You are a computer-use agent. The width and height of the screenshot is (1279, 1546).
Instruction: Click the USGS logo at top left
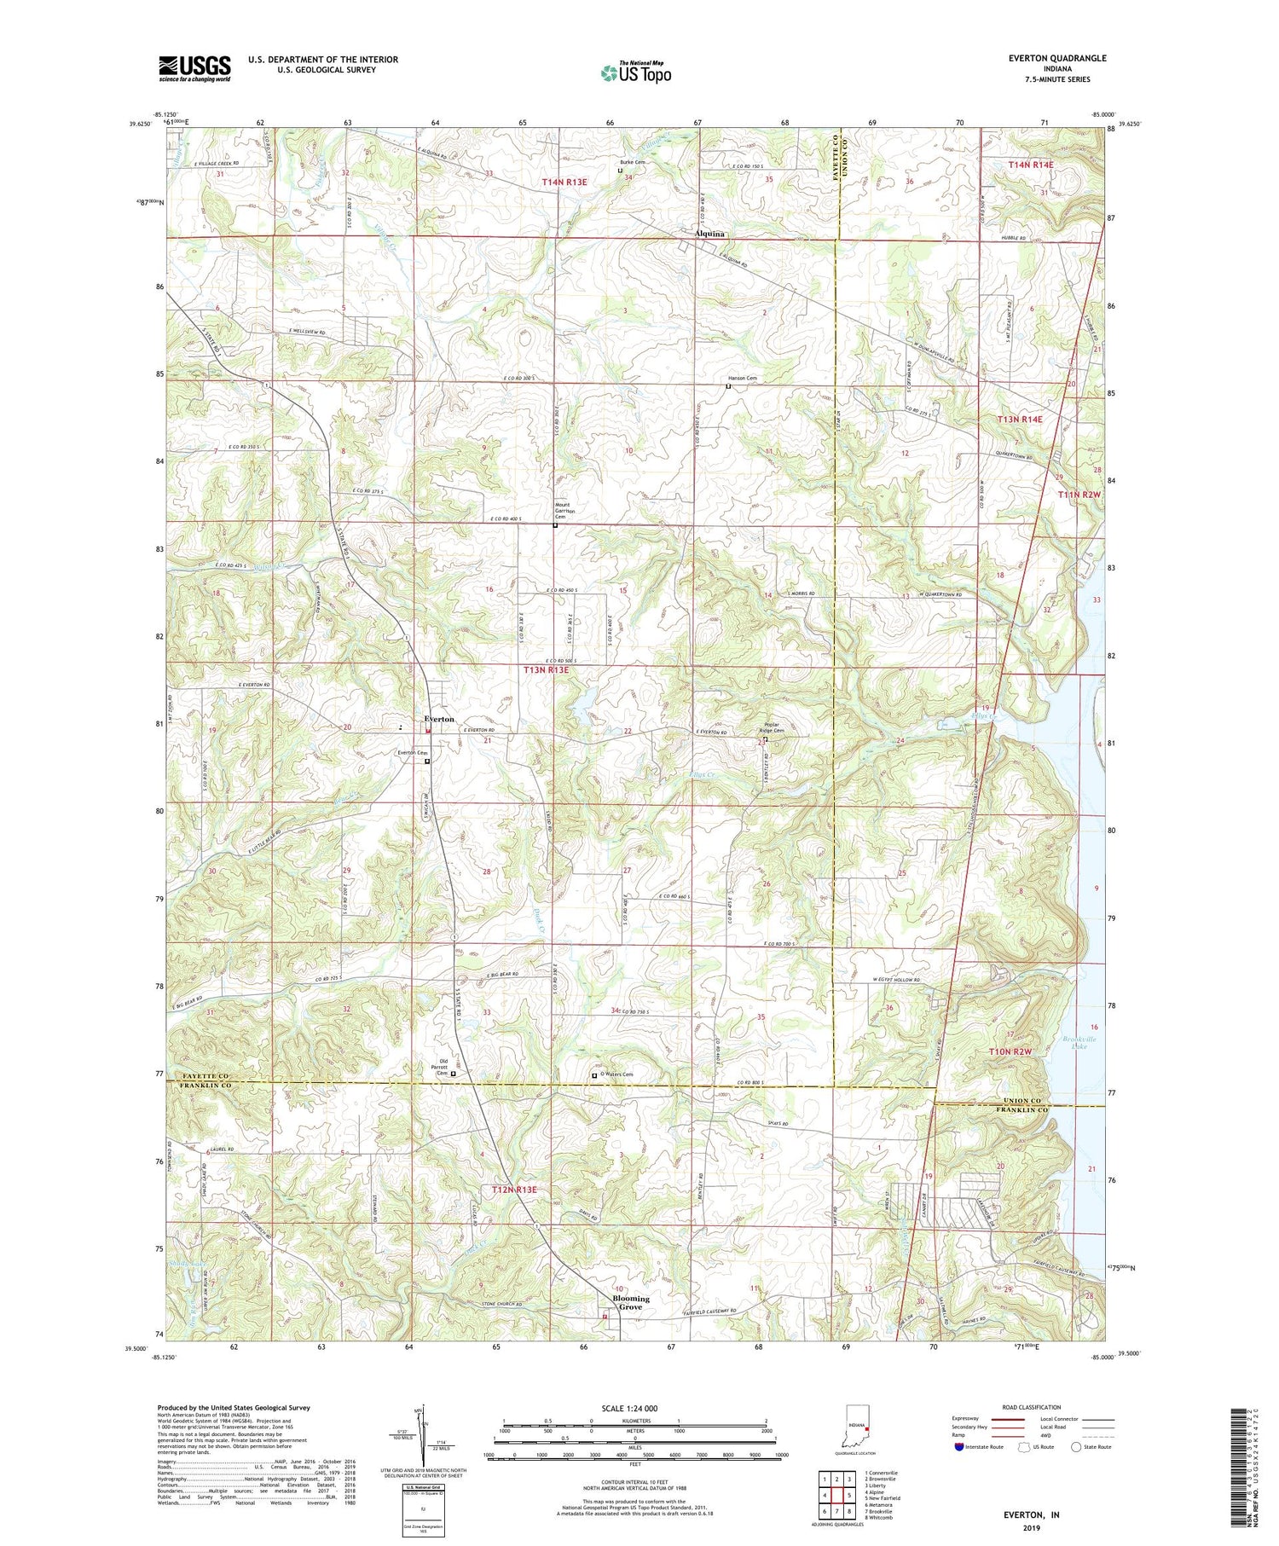[x=194, y=68]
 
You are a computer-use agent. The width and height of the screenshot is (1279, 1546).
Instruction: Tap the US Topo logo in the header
[x=636, y=72]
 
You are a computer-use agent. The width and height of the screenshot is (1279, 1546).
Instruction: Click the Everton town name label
[x=439, y=720]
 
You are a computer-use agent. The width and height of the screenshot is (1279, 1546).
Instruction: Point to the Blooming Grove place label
[x=631, y=1303]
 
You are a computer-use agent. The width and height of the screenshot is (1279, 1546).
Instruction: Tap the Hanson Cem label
[x=741, y=378]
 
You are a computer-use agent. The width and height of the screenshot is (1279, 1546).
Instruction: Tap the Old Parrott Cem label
[x=438, y=1067]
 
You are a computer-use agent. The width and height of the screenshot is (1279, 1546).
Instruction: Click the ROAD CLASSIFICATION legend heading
[x=1031, y=1407]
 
